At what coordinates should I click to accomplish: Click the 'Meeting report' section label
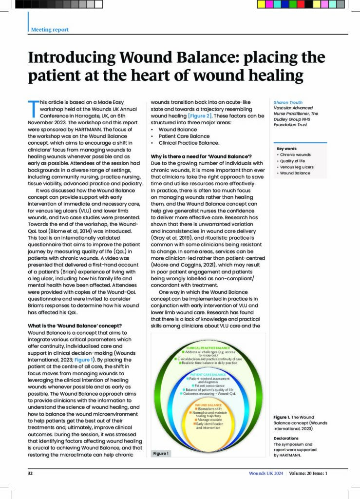click(50, 29)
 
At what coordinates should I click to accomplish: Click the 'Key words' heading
click(286, 149)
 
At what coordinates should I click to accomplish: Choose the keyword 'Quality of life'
click(294, 161)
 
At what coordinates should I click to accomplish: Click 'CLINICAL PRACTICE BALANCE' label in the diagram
click(209, 347)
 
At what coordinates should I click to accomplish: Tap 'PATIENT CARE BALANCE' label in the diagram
click(209, 375)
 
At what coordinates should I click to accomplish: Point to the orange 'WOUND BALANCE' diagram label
click(208, 405)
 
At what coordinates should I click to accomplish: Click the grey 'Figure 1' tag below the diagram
click(162, 453)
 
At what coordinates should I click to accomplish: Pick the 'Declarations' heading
click(286, 438)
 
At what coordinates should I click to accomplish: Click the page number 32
click(30, 473)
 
